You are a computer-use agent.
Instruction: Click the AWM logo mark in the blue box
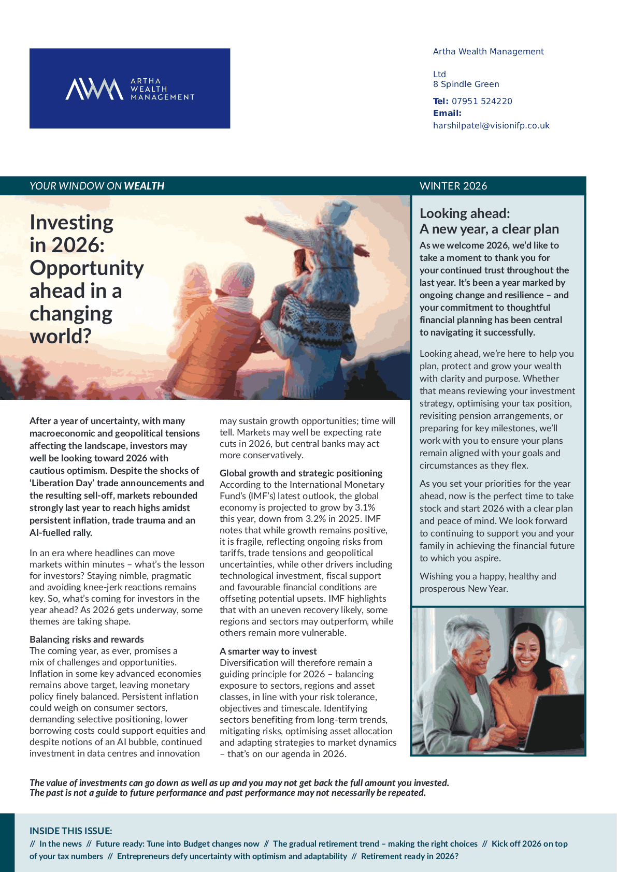pos(94,89)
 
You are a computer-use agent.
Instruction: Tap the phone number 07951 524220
pos(482,101)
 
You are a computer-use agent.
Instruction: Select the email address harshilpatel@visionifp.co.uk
pos(491,125)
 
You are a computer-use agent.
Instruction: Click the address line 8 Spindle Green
pos(466,84)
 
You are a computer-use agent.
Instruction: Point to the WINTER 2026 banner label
pos(453,186)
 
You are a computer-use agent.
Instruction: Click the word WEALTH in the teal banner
pos(144,186)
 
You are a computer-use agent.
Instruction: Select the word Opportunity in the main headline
pos(87,268)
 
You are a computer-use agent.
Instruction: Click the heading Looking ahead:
pos(465,213)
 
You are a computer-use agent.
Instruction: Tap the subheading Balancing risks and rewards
pos(87,640)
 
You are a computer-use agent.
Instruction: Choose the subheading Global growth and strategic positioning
pos(301,473)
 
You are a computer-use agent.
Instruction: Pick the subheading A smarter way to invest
pos(268,651)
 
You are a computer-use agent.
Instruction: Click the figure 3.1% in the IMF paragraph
pos(365,507)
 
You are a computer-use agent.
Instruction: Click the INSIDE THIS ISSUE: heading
pos(70,831)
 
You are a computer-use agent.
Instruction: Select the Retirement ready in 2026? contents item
pos(409,856)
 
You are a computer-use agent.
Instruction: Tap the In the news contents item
pos(60,844)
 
